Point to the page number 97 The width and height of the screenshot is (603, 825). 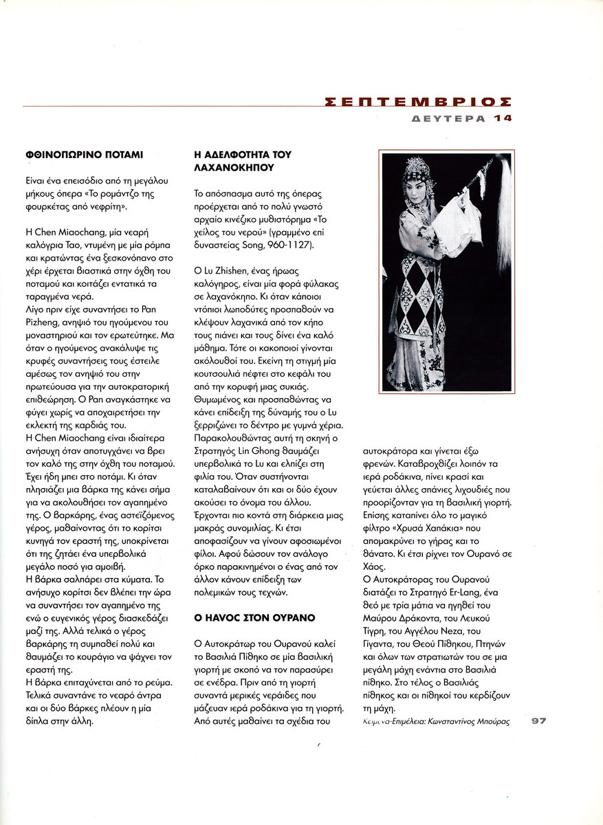pyautogui.click(x=538, y=721)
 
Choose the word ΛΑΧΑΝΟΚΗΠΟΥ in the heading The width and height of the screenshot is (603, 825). pyautogui.click(x=234, y=167)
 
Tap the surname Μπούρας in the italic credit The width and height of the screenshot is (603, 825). pyautogui.click(x=491, y=722)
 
